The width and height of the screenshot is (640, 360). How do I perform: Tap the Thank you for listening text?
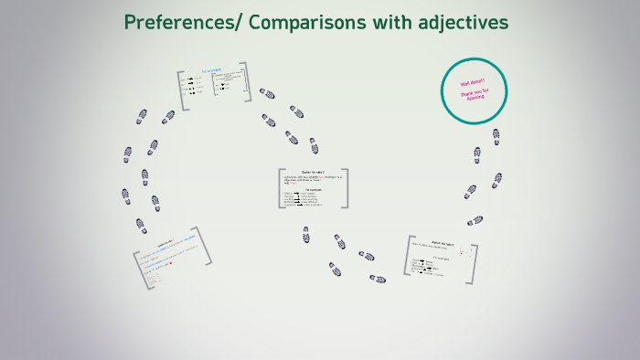tap(475, 96)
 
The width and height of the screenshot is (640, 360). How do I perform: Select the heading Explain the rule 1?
tap(313, 173)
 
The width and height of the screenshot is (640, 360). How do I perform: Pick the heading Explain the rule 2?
tap(443, 243)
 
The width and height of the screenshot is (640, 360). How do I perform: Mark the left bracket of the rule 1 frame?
tap(280, 189)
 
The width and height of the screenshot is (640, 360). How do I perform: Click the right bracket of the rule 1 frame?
tap(346, 188)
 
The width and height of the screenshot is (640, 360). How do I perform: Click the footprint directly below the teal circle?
tap(496, 136)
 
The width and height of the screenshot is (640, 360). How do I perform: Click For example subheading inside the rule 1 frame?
tap(313, 189)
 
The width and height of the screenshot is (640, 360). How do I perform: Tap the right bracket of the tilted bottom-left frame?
tap(206, 247)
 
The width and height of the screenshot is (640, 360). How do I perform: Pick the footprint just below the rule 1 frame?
tap(306, 234)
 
